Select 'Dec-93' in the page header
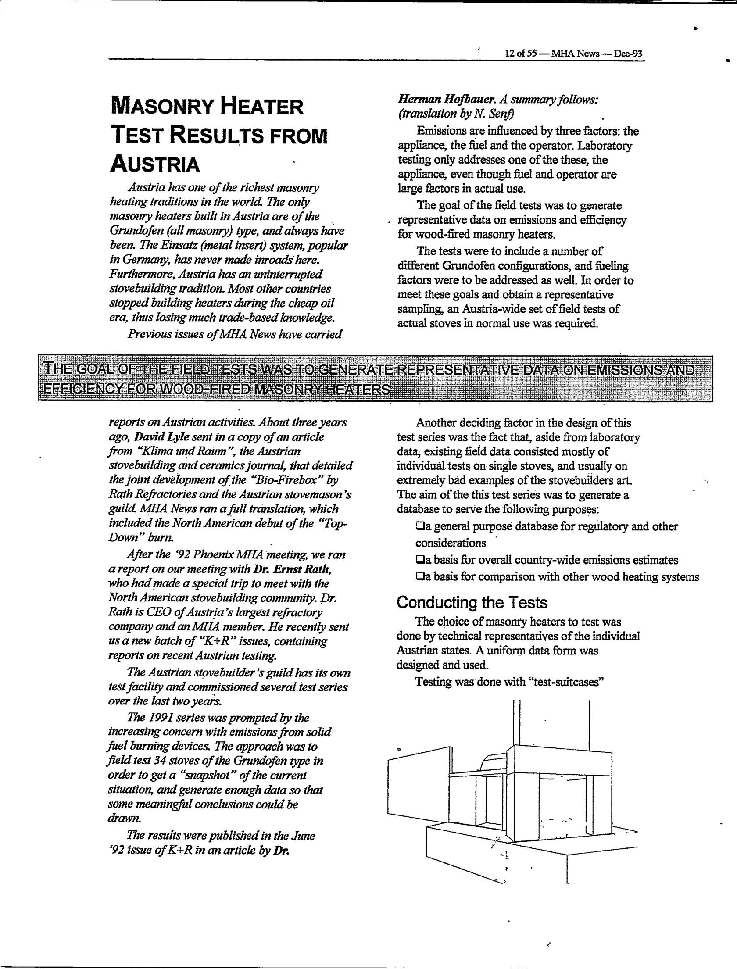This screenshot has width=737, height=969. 628,54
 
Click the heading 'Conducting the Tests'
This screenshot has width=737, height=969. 472,603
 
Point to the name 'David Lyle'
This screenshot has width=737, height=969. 156,437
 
